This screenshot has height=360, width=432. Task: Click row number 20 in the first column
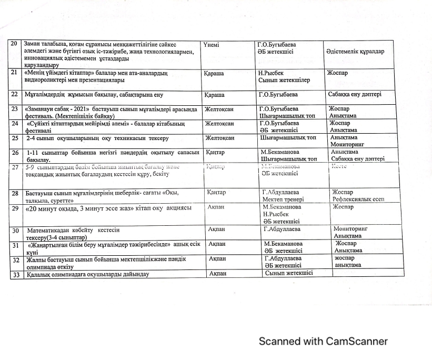pyautogui.click(x=15, y=44)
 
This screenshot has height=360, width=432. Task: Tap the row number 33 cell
pyautogui.click(x=16, y=275)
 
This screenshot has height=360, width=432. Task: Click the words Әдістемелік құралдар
pyautogui.click(x=355, y=52)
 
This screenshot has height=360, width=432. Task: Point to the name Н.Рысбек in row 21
pyautogui.click(x=272, y=73)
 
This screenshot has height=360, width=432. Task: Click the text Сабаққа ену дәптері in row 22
pyautogui.click(x=355, y=95)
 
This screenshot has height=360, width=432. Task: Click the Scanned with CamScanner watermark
pyautogui.click(x=323, y=341)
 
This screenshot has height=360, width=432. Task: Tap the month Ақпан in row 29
pyautogui.click(x=217, y=207)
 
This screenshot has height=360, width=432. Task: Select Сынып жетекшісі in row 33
pyautogui.click(x=288, y=273)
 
